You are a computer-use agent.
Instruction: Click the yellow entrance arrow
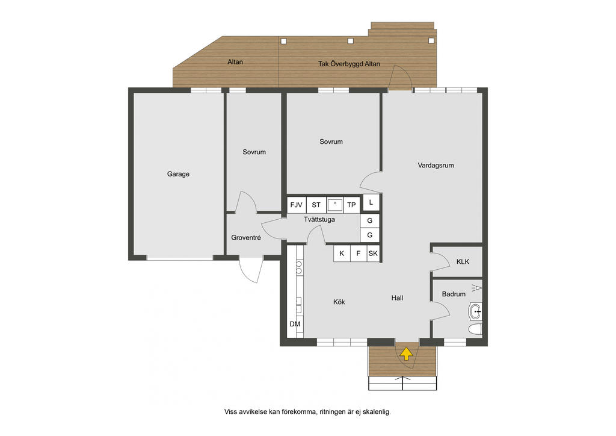[406, 353]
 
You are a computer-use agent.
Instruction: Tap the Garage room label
[178, 174]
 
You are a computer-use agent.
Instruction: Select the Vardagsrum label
[436, 166]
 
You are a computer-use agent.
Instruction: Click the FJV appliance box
[296, 205]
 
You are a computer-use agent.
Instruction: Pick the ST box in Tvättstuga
[316, 205]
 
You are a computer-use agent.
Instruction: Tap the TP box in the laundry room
[351, 205]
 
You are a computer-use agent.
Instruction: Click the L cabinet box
[371, 202]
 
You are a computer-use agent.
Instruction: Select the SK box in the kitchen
[373, 254]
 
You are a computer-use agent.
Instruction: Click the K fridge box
[342, 254]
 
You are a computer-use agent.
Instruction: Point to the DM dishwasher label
[295, 324]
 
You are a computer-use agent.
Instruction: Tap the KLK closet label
[463, 261]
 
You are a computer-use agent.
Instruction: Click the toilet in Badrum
[475, 329]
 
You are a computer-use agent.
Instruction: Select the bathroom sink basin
[475, 312]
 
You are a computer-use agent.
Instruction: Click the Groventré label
[246, 237]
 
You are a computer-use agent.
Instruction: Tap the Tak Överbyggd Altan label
[349, 64]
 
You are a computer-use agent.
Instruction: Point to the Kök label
[339, 302]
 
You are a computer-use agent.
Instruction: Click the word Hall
[397, 298]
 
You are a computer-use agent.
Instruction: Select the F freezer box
[359, 254]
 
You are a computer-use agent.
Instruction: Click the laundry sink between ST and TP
[334, 205]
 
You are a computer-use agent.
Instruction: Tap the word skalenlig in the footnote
[377, 412]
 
